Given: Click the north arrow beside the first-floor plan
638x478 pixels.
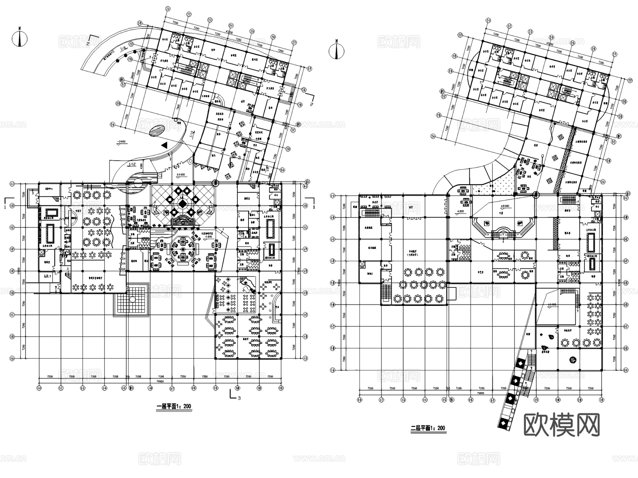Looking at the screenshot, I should tap(20, 39).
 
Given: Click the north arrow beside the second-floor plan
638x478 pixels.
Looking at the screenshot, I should tap(337, 51).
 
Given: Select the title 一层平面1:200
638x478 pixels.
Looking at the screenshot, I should tap(174, 407).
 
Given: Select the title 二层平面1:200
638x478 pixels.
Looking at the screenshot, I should tap(427, 428).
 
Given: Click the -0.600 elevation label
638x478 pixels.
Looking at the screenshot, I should tap(121, 142).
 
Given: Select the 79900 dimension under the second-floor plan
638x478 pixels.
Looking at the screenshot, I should tap(481, 393).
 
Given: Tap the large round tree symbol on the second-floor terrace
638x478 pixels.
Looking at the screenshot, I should tap(572, 360).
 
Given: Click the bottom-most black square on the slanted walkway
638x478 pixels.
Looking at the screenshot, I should tap(502, 423).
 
